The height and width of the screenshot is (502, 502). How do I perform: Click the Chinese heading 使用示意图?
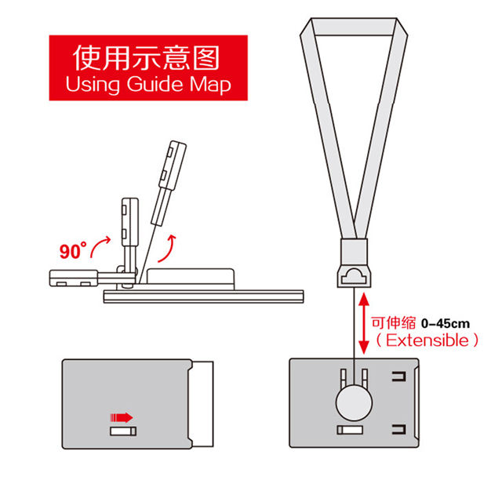(x=146, y=57)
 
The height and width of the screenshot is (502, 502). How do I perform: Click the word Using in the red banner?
(x=92, y=84)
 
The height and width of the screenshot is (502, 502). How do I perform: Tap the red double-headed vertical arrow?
(x=364, y=324)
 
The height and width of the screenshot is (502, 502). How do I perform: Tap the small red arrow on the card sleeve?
(x=122, y=417)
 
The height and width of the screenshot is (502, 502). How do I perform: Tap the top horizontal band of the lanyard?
(x=355, y=27)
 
